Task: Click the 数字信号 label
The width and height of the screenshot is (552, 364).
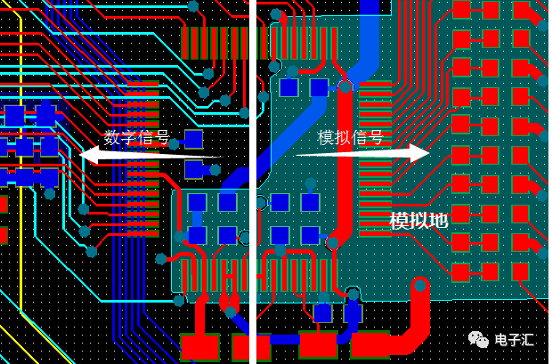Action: click(x=136, y=137)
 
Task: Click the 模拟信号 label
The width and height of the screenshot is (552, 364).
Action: click(x=350, y=137)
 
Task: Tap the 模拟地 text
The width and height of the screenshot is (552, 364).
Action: click(x=418, y=221)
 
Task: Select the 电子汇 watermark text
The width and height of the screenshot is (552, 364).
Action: click(x=515, y=340)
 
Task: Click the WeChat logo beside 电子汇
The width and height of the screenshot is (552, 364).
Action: click(x=478, y=339)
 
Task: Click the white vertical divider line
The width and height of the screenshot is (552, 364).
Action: click(x=253, y=182)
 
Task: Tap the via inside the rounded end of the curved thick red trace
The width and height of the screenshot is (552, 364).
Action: click(x=419, y=286)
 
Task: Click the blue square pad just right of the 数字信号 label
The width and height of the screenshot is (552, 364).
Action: click(x=193, y=139)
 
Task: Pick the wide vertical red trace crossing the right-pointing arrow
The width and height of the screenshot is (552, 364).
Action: click(x=345, y=158)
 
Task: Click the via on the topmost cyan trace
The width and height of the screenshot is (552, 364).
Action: click(x=193, y=6)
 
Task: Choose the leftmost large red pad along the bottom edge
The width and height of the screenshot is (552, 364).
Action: click(x=200, y=347)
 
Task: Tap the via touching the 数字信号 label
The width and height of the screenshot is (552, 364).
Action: click(x=174, y=143)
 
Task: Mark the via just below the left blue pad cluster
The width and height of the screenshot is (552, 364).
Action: click(x=50, y=194)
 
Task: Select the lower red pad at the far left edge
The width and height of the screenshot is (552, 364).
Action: click(x=4, y=235)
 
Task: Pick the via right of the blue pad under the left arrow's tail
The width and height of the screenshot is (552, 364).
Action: click(x=215, y=170)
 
